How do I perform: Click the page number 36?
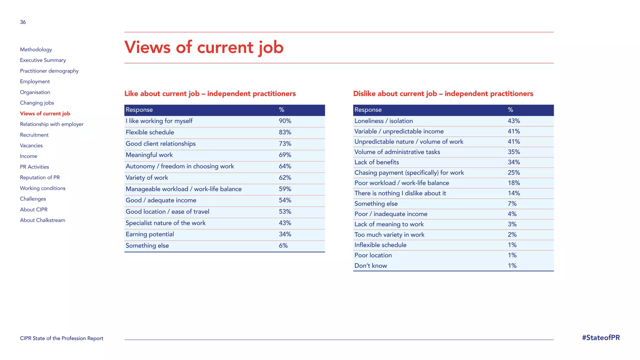(x=23, y=22)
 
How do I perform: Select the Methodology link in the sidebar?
(x=36, y=50)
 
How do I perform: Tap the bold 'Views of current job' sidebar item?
(x=45, y=114)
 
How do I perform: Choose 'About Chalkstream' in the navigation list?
(x=42, y=220)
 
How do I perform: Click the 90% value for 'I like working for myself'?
(x=285, y=121)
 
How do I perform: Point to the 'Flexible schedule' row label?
(x=150, y=132)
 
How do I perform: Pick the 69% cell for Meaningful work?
(x=285, y=155)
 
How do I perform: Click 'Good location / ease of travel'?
(x=167, y=212)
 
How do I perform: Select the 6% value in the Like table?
(x=283, y=246)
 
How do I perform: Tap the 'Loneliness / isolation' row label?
(x=383, y=121)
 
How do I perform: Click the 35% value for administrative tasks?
(x=514, y=152)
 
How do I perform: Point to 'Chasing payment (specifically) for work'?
(x=409, y=173)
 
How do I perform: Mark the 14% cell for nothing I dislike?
(x=514, y=193)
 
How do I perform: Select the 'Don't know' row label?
(x=371, y=266)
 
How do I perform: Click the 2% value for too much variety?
(x=512, y=235)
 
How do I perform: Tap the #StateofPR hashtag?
(x=601, y=338)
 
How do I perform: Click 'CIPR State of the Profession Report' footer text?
(x=62, y=338)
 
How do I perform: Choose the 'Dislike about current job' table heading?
(x=443, y=94)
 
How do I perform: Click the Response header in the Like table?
(x=139, y=110)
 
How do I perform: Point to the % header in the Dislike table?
(x=510, y=110)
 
